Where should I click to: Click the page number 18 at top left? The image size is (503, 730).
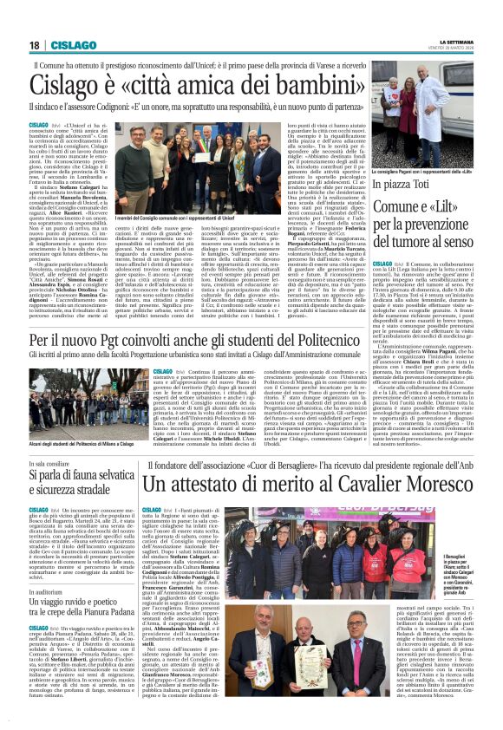pos(34,45)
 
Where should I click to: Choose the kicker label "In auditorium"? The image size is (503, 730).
pos(45,566)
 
